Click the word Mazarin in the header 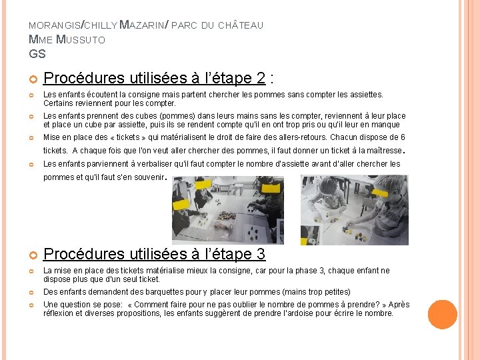(x=142, y=25)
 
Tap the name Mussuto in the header (x=81, y=39)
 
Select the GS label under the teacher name (x=37, y=54)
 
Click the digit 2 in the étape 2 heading (x=261, y=78)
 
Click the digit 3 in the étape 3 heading (x=261, y=254)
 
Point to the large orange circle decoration (x=443, y=315)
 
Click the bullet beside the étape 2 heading (x=33, y=79)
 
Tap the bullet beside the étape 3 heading (x=33, y=255)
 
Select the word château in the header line (x=241, y=25)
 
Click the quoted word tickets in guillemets (x=128, y=137)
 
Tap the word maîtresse (x=385, y=151)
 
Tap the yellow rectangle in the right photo (x=379, y=193)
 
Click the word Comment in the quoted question (x=149, y=305)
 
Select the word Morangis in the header (x=55, y=25)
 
